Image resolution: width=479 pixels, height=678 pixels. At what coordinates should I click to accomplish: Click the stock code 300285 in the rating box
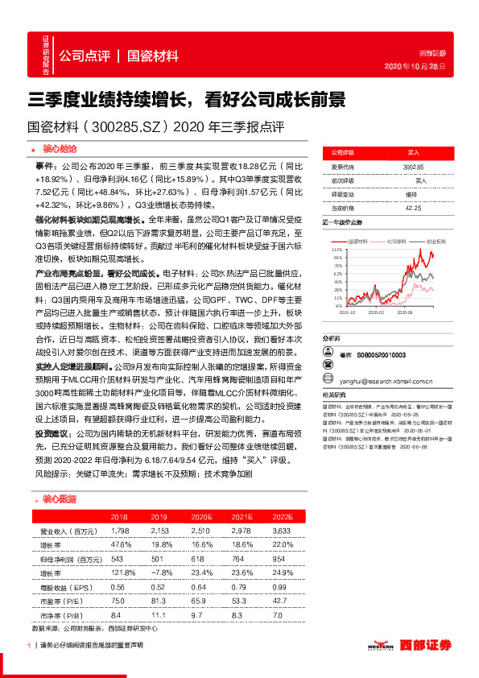tap(412, 165)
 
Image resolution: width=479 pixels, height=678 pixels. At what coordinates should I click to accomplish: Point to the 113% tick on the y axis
tap(336, 250)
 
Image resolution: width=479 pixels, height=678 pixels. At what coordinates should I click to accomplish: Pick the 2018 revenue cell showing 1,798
tap(118, 531)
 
